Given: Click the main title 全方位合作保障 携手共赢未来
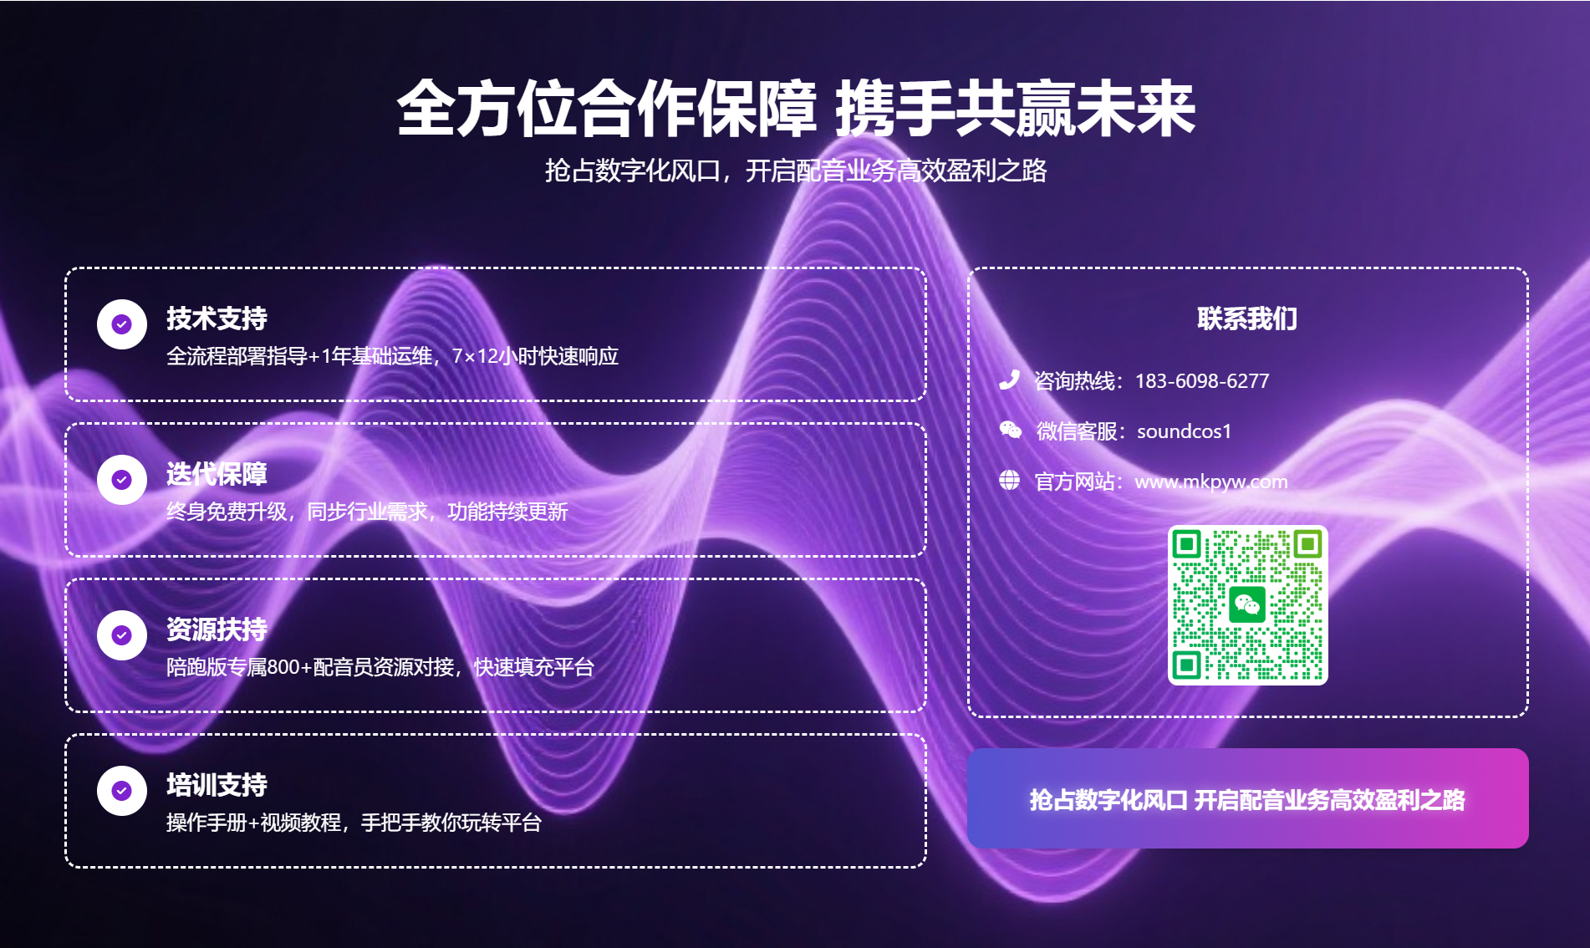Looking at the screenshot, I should point(795,110).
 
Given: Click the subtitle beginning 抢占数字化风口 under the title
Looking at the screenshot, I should point(795,171).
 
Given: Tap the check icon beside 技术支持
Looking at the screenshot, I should point(122,324).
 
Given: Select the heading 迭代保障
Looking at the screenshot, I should point(217,474).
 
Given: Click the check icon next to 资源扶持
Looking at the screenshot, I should point(122,635).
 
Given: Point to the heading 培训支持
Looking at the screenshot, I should point(217,785).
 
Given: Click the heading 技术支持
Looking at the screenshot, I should point(217,319).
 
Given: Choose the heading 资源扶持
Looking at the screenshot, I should point(217,629).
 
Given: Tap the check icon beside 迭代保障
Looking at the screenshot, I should point(122,480).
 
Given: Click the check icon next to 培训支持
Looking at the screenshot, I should point(122,791).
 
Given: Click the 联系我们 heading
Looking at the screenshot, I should point(1246,319).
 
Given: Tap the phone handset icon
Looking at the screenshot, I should point(1009,380).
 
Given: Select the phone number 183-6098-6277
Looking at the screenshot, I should point(1201,381).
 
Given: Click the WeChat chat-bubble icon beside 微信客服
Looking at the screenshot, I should point(1010,431).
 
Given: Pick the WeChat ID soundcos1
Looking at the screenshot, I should point(1184,431).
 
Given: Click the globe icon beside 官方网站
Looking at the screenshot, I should point(1009,481).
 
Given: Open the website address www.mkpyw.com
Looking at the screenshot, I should point(1210,482).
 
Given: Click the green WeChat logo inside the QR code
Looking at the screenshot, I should point(1247,604).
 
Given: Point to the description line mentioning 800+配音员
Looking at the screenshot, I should point(380,667).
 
